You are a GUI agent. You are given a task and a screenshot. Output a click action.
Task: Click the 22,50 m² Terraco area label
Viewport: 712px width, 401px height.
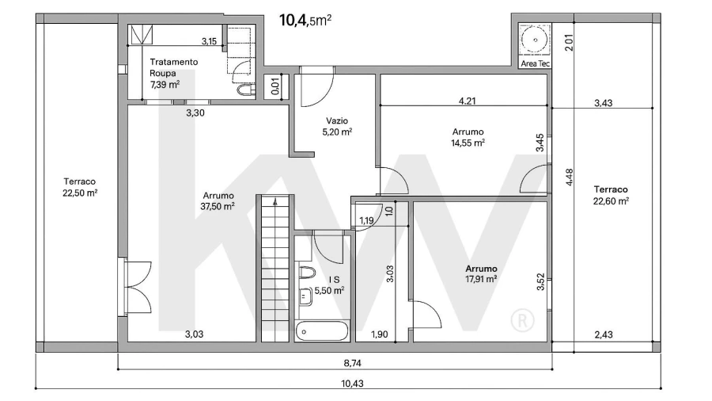80,187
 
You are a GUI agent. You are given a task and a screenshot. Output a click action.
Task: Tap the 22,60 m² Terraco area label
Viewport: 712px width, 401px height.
611,195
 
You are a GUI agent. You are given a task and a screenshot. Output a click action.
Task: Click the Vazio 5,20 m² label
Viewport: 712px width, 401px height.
337,126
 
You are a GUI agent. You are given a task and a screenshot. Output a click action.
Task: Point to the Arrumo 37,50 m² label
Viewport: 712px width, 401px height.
218,201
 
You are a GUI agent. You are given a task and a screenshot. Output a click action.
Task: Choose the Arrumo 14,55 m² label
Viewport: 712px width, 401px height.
468,137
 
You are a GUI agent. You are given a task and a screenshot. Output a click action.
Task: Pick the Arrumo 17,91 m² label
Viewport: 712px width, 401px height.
481,273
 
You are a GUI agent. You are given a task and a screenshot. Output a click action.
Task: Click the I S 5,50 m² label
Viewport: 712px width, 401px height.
329,285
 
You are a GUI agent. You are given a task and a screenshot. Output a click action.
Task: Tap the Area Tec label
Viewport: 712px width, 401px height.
535,63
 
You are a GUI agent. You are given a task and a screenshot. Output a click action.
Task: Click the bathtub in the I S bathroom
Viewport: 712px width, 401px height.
322,331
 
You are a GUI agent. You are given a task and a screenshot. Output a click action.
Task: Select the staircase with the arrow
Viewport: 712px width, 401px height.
275,268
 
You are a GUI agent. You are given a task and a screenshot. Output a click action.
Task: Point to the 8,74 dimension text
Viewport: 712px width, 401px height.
352,363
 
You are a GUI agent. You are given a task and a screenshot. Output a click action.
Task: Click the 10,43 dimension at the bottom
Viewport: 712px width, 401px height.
352,384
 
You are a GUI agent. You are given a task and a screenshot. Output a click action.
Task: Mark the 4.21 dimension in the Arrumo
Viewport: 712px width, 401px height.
468,101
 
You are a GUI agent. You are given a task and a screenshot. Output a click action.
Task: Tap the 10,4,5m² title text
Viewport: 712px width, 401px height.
305,21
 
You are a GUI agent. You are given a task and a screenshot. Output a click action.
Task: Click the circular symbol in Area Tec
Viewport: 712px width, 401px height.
536,40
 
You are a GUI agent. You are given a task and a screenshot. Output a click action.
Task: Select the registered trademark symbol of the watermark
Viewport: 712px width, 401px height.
522,321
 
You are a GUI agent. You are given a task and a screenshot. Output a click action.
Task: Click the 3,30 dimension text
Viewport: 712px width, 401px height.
195,113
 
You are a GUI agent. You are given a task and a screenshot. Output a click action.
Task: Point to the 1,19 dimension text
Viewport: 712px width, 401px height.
366,221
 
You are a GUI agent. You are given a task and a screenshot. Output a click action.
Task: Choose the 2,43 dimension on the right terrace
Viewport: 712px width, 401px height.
604,334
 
